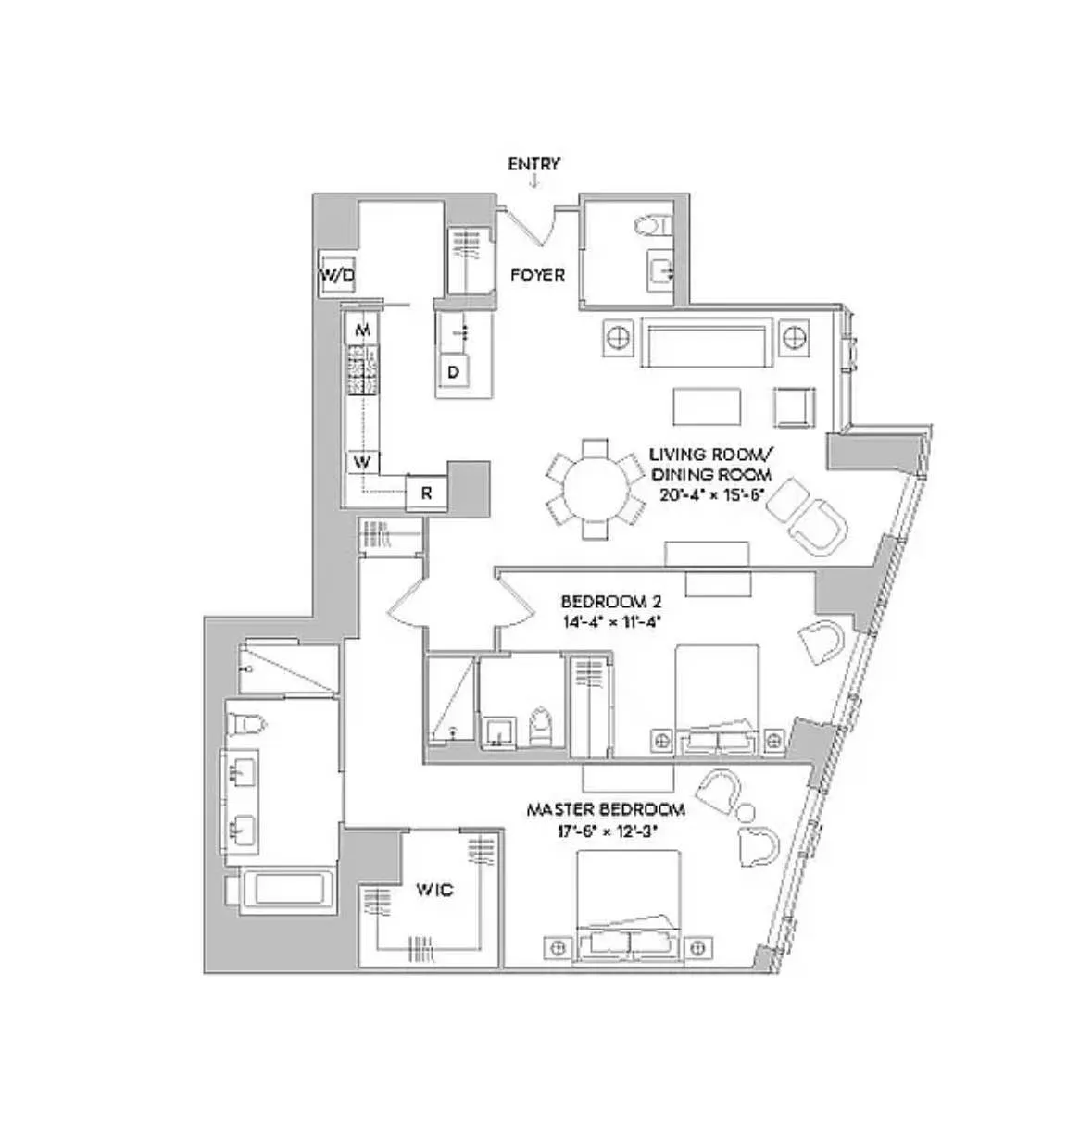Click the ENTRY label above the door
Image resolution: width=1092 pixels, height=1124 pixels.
click(533, 164)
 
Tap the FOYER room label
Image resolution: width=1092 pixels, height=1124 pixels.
click(537, 275)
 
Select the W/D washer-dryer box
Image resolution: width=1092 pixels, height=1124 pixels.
click(338, 274)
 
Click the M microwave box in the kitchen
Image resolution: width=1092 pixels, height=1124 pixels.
click(364, 330)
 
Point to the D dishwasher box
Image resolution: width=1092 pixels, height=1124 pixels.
click(454, 372)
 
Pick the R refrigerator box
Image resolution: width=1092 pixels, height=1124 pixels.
click(427, 493)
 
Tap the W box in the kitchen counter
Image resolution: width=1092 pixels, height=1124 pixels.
click(364, 461)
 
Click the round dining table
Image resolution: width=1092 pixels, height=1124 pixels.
click(595, 488)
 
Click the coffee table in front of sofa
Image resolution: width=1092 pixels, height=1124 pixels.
click(708, 405)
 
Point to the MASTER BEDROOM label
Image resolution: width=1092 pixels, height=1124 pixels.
click(606, 809)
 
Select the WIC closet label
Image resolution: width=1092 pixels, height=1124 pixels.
click(433, 890)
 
